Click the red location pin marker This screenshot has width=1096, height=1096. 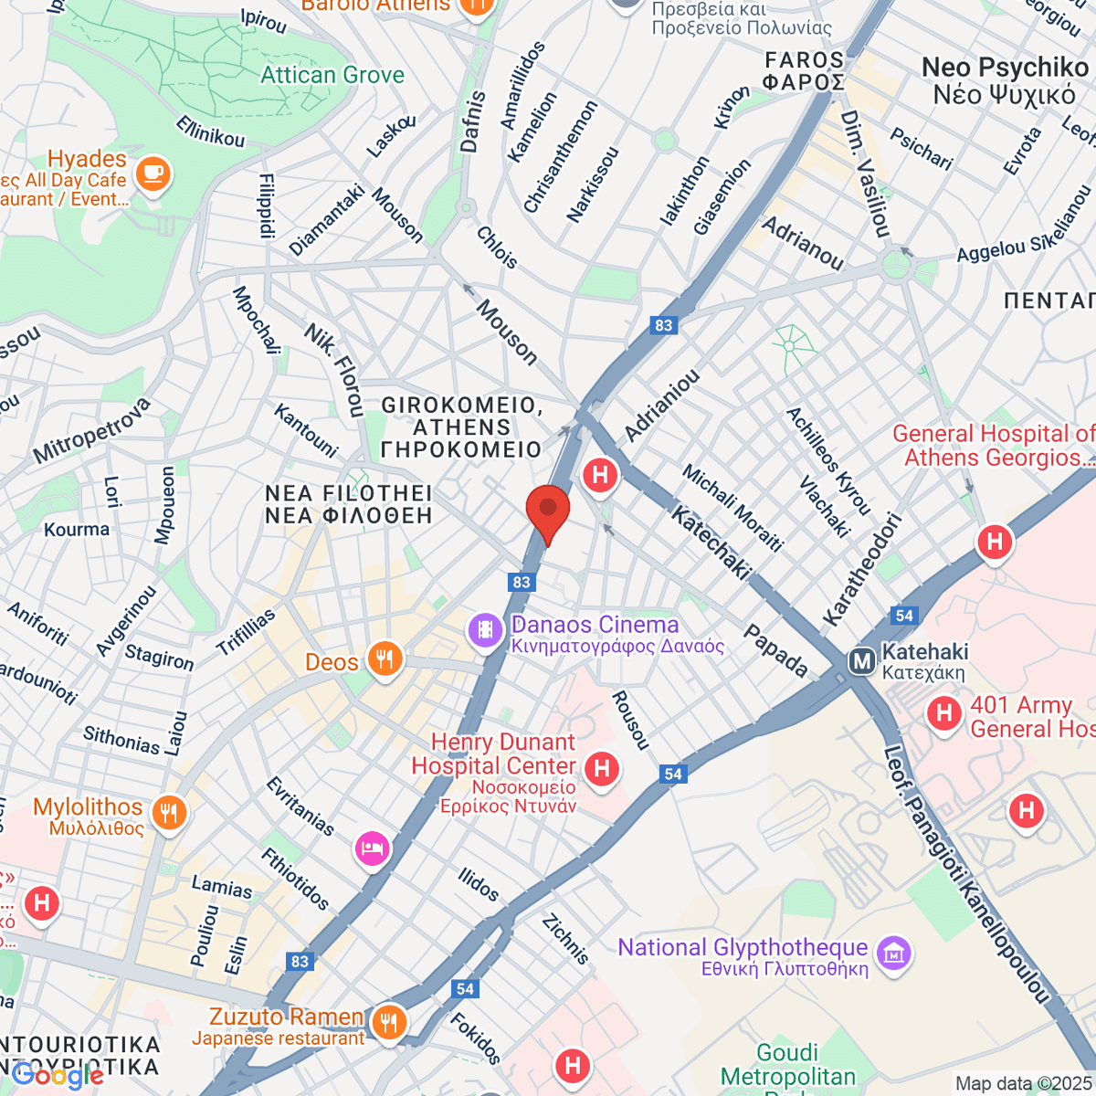pyautogui.click(x=548, y=510)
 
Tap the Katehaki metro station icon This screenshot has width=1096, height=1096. pyautogui.click(x=861, y=661)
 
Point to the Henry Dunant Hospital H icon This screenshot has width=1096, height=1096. pyautogui.click(x=601, y=768)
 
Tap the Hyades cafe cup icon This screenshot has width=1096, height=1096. pyautogui.click(x=153, y=173)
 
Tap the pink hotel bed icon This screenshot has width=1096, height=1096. pyautogui.click(x=372, y=848)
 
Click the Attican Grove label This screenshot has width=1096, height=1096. pyautogui.click(x=332, y=75)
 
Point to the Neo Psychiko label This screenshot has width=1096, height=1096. pyautogui.click(x=1005, y=80)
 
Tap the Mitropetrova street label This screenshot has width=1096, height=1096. pyautogui.click(x=91, y=431)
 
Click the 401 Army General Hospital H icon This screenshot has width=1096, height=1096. pyautogui.click(x=944, y=713)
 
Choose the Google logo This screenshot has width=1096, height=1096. pyautogui.click(x=57, y=1076)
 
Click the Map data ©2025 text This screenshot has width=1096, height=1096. pyautogui.click(x=1022, y=1084)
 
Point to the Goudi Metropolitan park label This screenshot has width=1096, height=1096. pyautogui.click(x=787, y=1066)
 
